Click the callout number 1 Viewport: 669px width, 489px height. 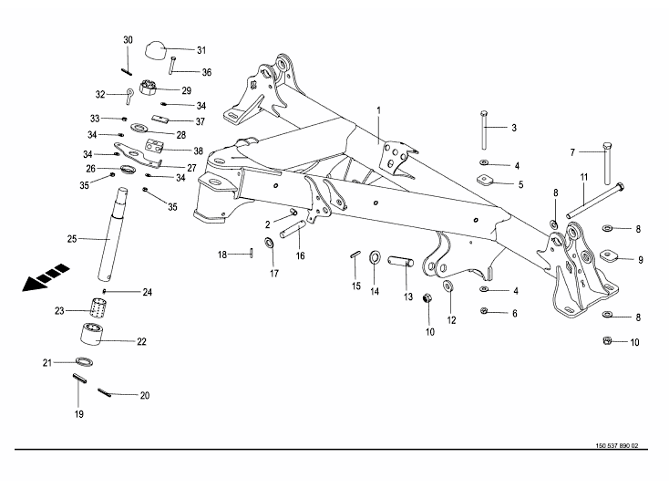coord(378,110)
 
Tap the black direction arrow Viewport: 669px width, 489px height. coord(46,277)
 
